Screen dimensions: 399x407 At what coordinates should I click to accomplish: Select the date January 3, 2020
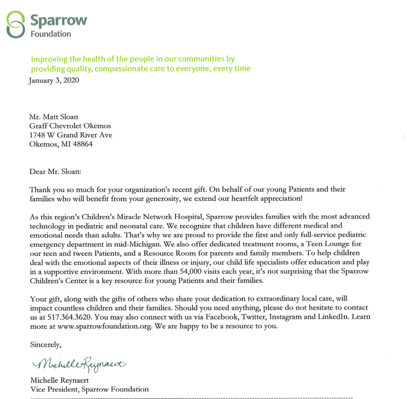[55, 80]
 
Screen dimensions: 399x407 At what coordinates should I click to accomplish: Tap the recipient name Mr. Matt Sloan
[53, 116]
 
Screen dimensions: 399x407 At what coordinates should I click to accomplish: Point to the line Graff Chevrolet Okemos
[70, 125]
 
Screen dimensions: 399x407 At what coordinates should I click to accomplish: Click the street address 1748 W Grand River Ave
[71, 134]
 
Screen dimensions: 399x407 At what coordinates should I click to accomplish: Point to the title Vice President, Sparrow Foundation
[89, 389]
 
